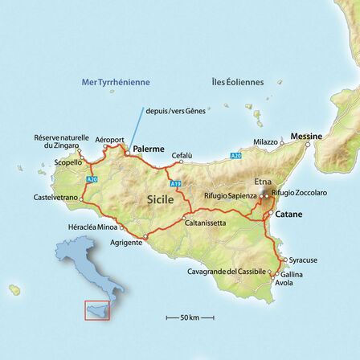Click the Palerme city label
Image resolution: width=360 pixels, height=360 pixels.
tap(149, 149)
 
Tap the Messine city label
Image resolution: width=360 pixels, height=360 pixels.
tap(306, 137)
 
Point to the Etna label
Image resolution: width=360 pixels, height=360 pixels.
tap(263, 182)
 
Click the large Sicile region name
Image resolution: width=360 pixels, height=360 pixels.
tap(161, 198)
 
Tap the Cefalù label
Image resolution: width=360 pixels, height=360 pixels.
tap(182, 155)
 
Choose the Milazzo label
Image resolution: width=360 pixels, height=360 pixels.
tap(265, 141)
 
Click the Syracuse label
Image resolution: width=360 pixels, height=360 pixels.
tap(303, 260)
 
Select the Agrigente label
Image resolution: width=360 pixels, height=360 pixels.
tap(126, 242)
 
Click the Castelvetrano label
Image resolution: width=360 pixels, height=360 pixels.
tap(56, 197)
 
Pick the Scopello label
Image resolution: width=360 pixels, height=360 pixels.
tap(68, 162)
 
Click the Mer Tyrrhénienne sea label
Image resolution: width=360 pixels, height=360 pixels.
tap(116, 82)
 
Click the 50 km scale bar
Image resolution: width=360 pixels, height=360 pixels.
tap(190, 318)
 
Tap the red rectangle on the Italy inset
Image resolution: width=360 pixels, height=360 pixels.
tap(96, 311)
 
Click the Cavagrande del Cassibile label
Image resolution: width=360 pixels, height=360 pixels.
tap(227, 272)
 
